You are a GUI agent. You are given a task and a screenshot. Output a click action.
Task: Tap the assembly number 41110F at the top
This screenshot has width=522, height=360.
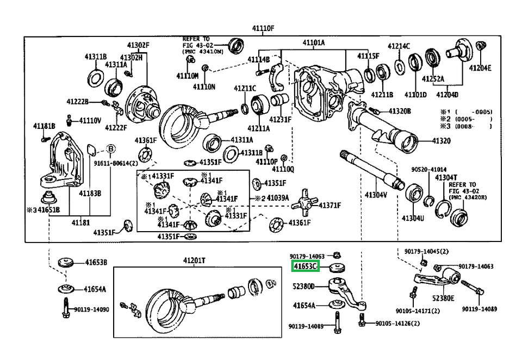click(263, 28)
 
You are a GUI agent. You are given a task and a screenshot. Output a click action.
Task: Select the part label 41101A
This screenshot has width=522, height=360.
click(314, 42)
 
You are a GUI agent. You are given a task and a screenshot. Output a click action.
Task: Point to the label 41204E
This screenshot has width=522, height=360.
click(480, 68)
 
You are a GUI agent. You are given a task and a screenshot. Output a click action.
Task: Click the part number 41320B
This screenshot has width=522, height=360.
click(400, 111)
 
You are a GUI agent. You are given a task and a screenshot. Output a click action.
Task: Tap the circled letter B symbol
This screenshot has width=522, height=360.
click(110, 148)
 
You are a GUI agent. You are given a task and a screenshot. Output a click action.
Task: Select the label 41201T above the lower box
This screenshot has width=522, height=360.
click(195, 260)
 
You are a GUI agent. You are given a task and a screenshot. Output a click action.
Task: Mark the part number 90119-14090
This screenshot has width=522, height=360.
click(91, 309)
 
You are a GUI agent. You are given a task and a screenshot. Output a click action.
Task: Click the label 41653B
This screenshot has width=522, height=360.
click(96, 263)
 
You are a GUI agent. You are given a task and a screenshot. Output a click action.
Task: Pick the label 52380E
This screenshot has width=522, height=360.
click(444, 298)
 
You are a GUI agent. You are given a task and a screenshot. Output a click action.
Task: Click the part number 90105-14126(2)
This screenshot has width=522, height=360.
click(397, 324)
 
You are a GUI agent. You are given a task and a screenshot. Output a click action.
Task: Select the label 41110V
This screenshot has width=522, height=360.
click(90, 120)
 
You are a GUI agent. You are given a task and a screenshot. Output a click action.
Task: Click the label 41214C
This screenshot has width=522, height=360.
click(399, 46)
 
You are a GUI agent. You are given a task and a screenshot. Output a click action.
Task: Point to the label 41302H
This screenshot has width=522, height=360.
click(131, 57)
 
